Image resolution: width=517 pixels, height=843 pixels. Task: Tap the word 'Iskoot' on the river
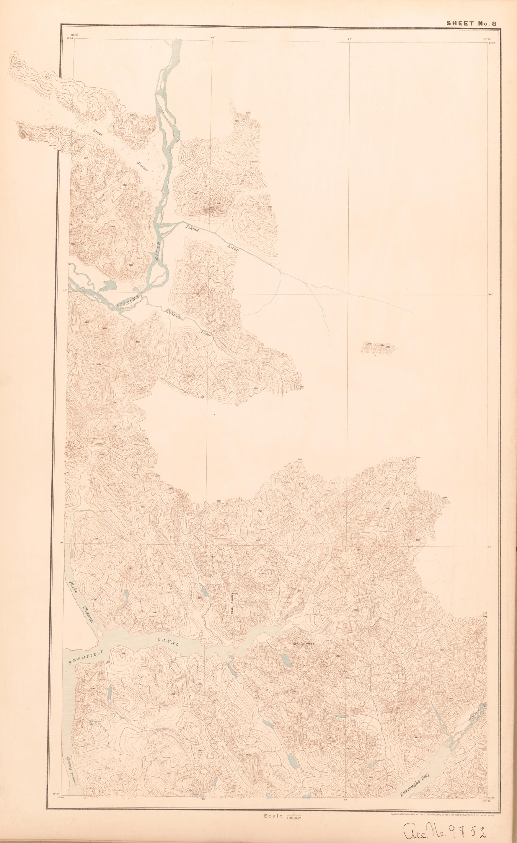(x=192, y=228)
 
